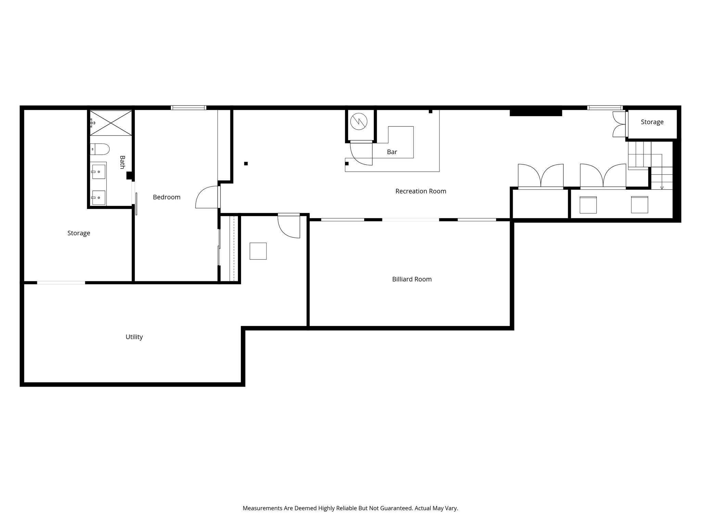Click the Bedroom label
click(166, 197)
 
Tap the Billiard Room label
click(412, 279)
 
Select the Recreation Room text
click(421, 191)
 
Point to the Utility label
click(134, 337)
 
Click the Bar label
click(392, 152)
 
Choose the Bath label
click(122, 162)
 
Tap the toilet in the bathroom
click(100, 149)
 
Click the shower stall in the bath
click(111, 123)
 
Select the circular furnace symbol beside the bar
click(359, 122)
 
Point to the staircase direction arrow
click(662, 187)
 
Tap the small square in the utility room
click(258, 251)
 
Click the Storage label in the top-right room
click(652, 122)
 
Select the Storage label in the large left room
click(79, 233)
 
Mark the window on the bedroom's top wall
click(189, 108)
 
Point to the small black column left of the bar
click(246, 164)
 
